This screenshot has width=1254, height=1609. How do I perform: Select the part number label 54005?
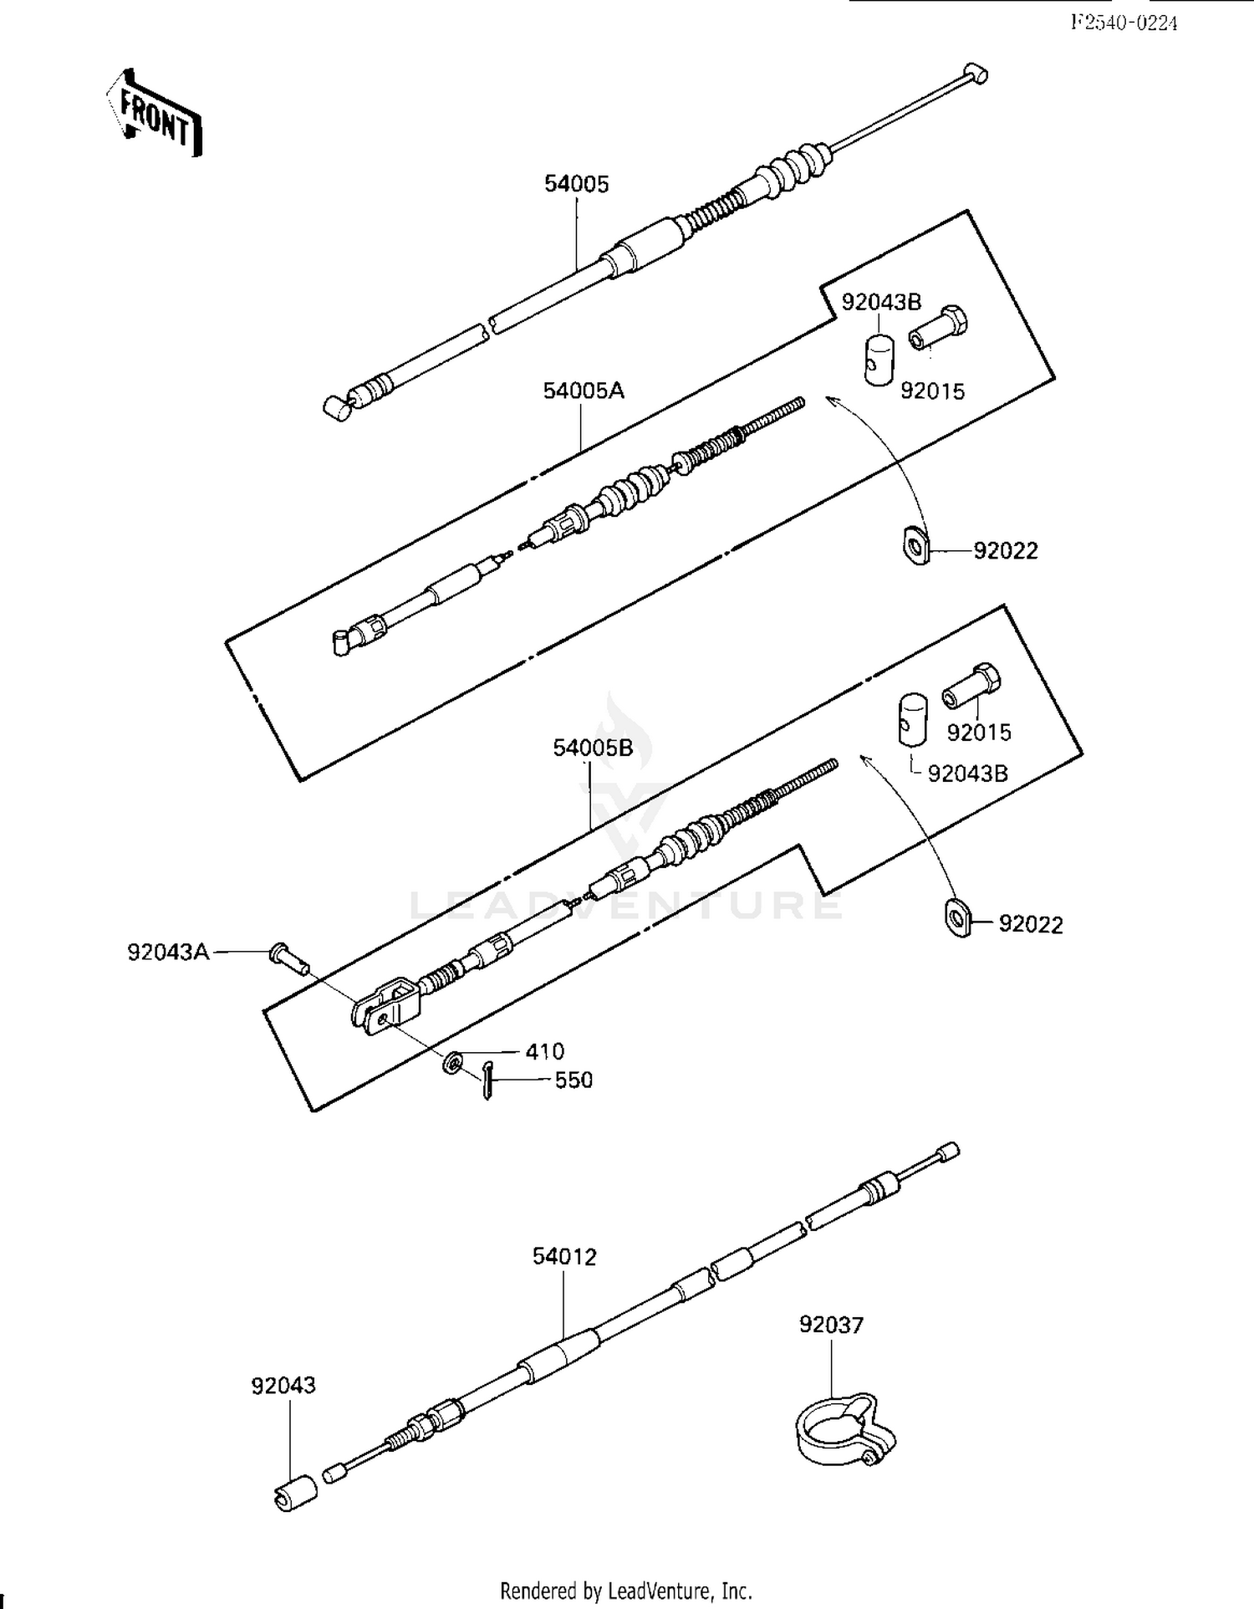(x=577, y=184)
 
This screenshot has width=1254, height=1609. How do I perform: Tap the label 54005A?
(x=584, y=391)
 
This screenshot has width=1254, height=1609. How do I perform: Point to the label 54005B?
(x=593, y=748)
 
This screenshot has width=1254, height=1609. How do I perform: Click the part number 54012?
(x=564, y=1257)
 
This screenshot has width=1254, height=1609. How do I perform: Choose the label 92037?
(x=831, y=1325)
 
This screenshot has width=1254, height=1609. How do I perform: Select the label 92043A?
(x=168, y=952)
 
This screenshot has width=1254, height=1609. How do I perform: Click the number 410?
(x=545, y=1051)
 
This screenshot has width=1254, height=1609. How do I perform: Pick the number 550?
(x=573, y=1080)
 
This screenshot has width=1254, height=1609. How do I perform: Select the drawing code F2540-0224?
(x=1124, y=23)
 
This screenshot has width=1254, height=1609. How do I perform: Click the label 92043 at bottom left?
(x=284, y=1386)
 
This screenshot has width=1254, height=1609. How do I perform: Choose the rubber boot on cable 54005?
(x=794, y=171)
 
